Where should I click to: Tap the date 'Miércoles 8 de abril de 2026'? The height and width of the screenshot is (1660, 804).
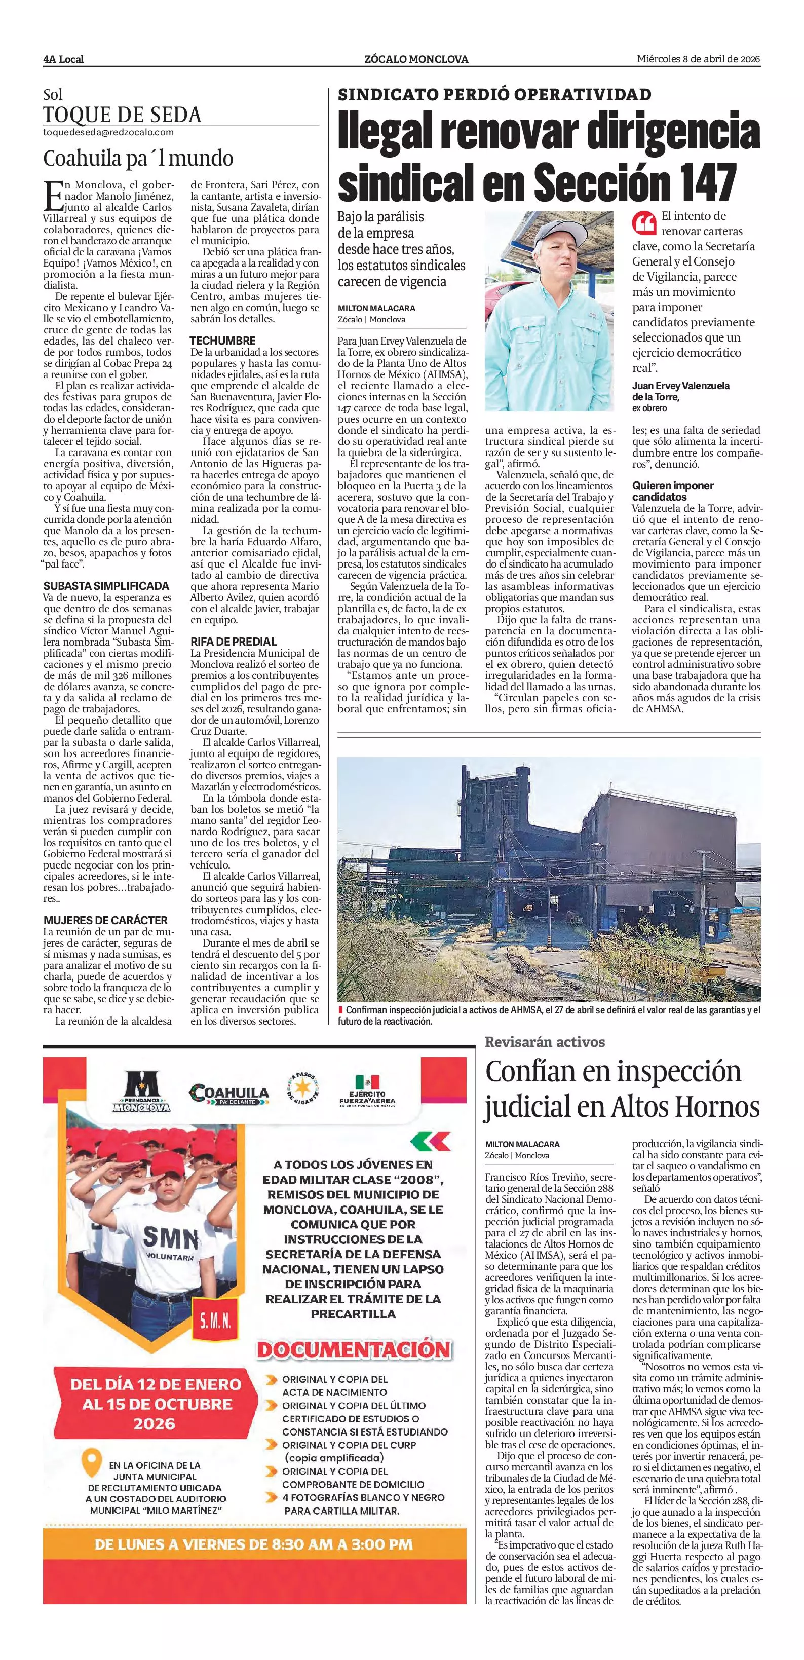(698, 59)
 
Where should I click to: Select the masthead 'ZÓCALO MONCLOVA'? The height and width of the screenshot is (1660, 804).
(415, 59)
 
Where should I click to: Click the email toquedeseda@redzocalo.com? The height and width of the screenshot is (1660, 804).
(108, 132)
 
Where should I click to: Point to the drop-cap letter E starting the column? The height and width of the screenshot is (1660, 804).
(52, 195)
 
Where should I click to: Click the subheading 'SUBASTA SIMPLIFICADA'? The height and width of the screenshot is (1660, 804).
(106, 586)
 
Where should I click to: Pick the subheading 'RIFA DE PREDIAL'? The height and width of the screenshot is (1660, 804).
(233, 641)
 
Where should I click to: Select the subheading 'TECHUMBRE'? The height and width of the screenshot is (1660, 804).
(222, 340)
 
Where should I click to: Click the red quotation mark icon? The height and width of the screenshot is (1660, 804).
(644, 223)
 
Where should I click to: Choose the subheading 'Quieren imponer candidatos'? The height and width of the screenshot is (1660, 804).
(673, 491)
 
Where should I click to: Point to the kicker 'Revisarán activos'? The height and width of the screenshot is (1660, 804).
(545, 1042)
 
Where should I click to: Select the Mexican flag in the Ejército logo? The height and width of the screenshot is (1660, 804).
(367, 1082)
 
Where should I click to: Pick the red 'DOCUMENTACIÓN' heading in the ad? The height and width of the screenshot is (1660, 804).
(354, 1350)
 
